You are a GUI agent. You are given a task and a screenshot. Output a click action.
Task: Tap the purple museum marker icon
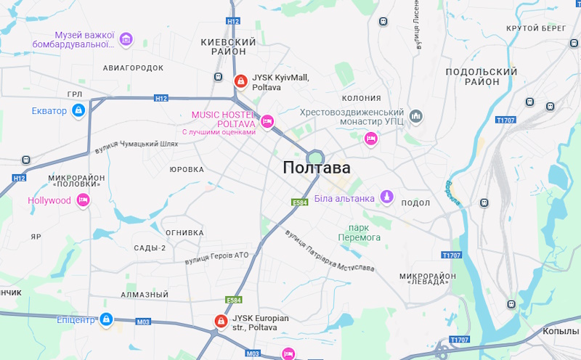point(126,38)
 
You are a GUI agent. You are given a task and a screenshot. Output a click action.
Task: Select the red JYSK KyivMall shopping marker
point(240,81)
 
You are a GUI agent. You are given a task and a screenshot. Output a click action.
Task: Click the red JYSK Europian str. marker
point(220,321)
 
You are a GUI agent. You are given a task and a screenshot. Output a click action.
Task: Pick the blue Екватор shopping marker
point(78,110)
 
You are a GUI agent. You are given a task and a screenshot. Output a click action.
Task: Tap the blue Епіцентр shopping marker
point(106,319)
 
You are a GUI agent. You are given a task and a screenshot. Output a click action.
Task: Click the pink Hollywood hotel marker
point(83,200)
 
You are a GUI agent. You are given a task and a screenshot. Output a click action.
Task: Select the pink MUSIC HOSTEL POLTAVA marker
point(267,121)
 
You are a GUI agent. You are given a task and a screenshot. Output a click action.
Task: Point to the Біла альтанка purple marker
point(387,197)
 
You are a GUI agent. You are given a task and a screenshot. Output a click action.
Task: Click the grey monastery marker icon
point(416,116)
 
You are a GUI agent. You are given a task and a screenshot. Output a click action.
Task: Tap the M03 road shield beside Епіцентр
point(142,320)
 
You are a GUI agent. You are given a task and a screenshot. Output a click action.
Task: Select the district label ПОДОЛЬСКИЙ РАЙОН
point(482,76)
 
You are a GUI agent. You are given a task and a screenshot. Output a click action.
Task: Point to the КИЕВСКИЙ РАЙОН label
point(229,47)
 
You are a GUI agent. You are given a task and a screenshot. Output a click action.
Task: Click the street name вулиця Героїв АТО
point(216,257)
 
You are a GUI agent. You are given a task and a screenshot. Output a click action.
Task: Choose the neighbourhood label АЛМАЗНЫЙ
point(145,295)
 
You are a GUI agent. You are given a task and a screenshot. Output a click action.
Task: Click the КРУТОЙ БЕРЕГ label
point(536,28)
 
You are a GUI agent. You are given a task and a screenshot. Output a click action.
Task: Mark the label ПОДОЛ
point(415,203)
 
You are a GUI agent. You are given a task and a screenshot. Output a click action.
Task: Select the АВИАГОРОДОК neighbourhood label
point(133,67)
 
